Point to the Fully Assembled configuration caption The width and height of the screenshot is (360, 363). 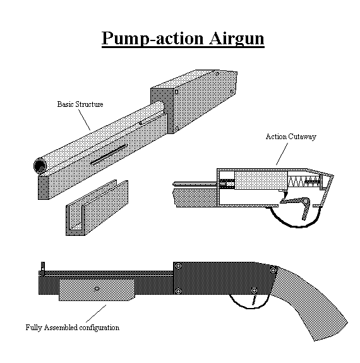[72, 328]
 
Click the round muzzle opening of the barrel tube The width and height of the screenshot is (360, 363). [40, 166]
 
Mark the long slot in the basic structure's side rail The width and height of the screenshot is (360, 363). [109, 154]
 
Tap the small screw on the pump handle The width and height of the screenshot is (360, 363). [96, 288]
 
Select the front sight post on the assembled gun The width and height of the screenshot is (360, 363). [43, 264]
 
